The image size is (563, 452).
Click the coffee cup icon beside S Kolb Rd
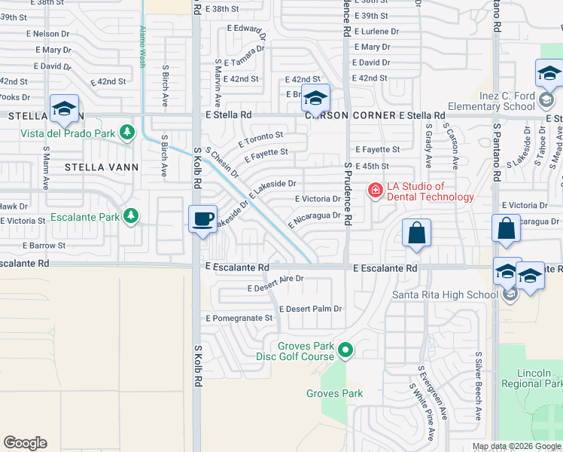tap(202, 219)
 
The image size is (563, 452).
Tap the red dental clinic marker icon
tap(375, 191)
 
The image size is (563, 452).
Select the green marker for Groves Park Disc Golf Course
tap(345, 350)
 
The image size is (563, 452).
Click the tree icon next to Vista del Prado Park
tap(129, 133)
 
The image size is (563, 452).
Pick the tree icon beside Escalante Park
tap(132, 217)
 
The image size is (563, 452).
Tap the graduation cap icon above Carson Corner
tap(315, 99)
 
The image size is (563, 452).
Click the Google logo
tap(25, 443)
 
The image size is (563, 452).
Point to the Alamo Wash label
tap(142, 47)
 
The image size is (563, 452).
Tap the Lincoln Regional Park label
tap(540, 378)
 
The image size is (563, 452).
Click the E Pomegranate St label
tap(239, 318)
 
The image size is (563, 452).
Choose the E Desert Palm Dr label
tap(311, 309)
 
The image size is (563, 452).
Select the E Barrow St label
tap(46, 246)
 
